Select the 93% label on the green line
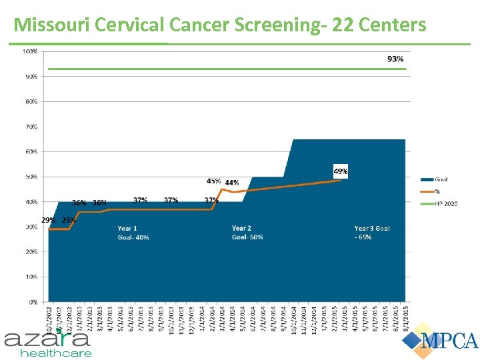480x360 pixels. (395, 59)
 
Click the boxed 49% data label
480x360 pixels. (340, 171)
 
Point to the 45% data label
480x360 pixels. (214, 181)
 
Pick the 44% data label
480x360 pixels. (232, 183)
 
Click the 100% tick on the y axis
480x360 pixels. (31, 51)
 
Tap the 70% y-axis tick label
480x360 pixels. (31, 127)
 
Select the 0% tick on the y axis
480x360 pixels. (33, 302)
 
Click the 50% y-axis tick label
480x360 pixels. (31, 177)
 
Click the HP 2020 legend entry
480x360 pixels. (445, 203)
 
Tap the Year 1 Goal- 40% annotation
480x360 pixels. (133, 233)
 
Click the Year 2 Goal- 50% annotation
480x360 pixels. (247, 233)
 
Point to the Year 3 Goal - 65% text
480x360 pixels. (371, 233)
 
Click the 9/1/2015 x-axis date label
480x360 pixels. (406, 316)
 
